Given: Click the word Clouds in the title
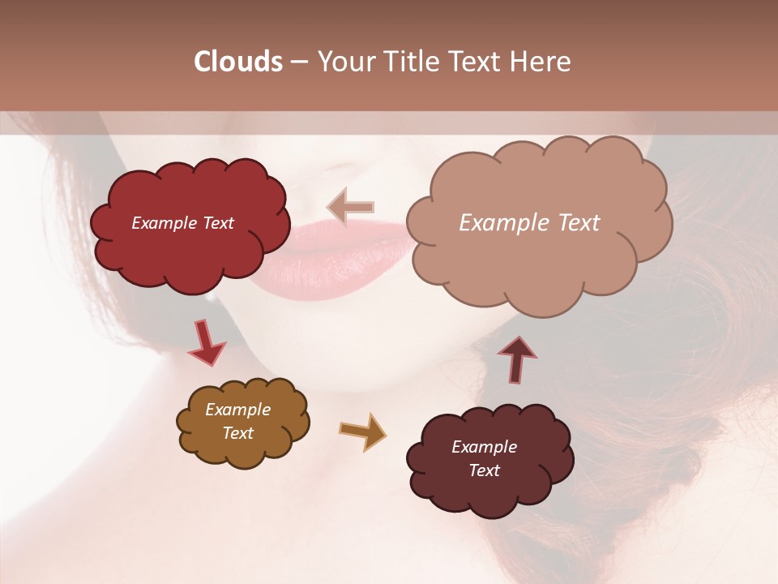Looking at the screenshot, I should tap(238, 62).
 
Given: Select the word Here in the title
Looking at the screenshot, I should tap(541, 62).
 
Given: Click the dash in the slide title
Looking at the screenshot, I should tap(299, 62).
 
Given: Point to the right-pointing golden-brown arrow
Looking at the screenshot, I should tap(362, 431).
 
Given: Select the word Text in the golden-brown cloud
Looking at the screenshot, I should tap(237, 433).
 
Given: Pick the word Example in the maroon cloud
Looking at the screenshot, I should tap(484, 447).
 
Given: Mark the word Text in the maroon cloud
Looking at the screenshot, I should tap(484, 470).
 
